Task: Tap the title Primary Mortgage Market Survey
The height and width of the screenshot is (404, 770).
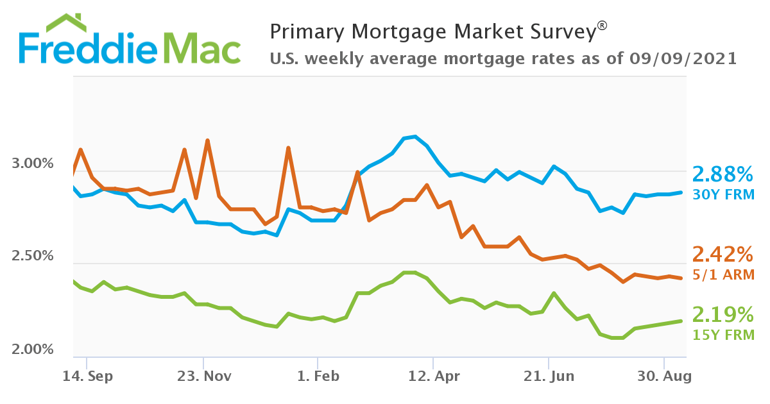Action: tap(432, 31)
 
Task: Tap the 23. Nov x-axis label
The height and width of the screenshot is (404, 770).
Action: tap(203, 376)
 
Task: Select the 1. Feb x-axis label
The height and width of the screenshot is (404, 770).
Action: tap(318, 376)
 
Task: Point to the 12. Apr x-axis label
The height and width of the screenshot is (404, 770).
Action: tap(434, 376)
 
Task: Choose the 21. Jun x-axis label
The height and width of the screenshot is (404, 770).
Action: tap(549, 376)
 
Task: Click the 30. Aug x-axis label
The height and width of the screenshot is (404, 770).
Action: tap(665, 376)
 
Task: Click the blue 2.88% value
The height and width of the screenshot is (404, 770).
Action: tap(723, 174)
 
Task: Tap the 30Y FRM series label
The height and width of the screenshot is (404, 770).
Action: tap(723, 194)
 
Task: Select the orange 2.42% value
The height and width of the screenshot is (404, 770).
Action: tap(723, 255)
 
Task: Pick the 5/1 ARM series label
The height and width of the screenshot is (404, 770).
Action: tap(723, 274)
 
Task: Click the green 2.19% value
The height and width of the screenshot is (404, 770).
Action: tap(723, 314)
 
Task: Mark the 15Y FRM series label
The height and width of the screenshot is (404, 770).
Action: tap(723, 334)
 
